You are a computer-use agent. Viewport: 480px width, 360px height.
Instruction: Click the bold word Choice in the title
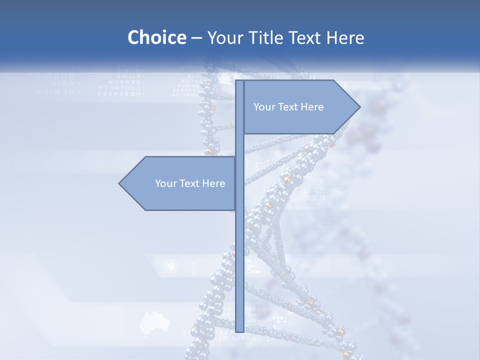(156, 37)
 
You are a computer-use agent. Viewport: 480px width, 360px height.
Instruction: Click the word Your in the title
(225, 37)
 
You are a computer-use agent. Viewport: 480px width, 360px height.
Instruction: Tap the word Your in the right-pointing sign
(264, 107)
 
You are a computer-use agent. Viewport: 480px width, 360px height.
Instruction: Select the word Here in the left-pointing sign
(213, 183)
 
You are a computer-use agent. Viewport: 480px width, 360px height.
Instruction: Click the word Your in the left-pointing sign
(165, 183)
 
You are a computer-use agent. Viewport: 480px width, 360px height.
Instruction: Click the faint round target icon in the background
(171, 266)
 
